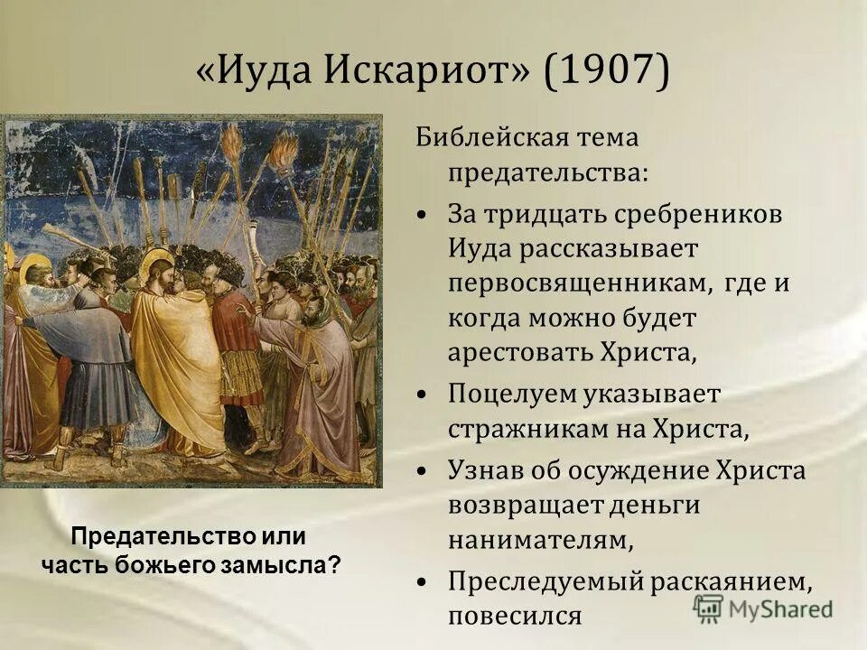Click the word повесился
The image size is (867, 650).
pos(515,616)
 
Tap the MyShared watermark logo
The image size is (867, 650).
pos(763,608)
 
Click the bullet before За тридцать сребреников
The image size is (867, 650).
pos(424,218)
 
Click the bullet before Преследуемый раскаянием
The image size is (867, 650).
pos(424,583)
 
